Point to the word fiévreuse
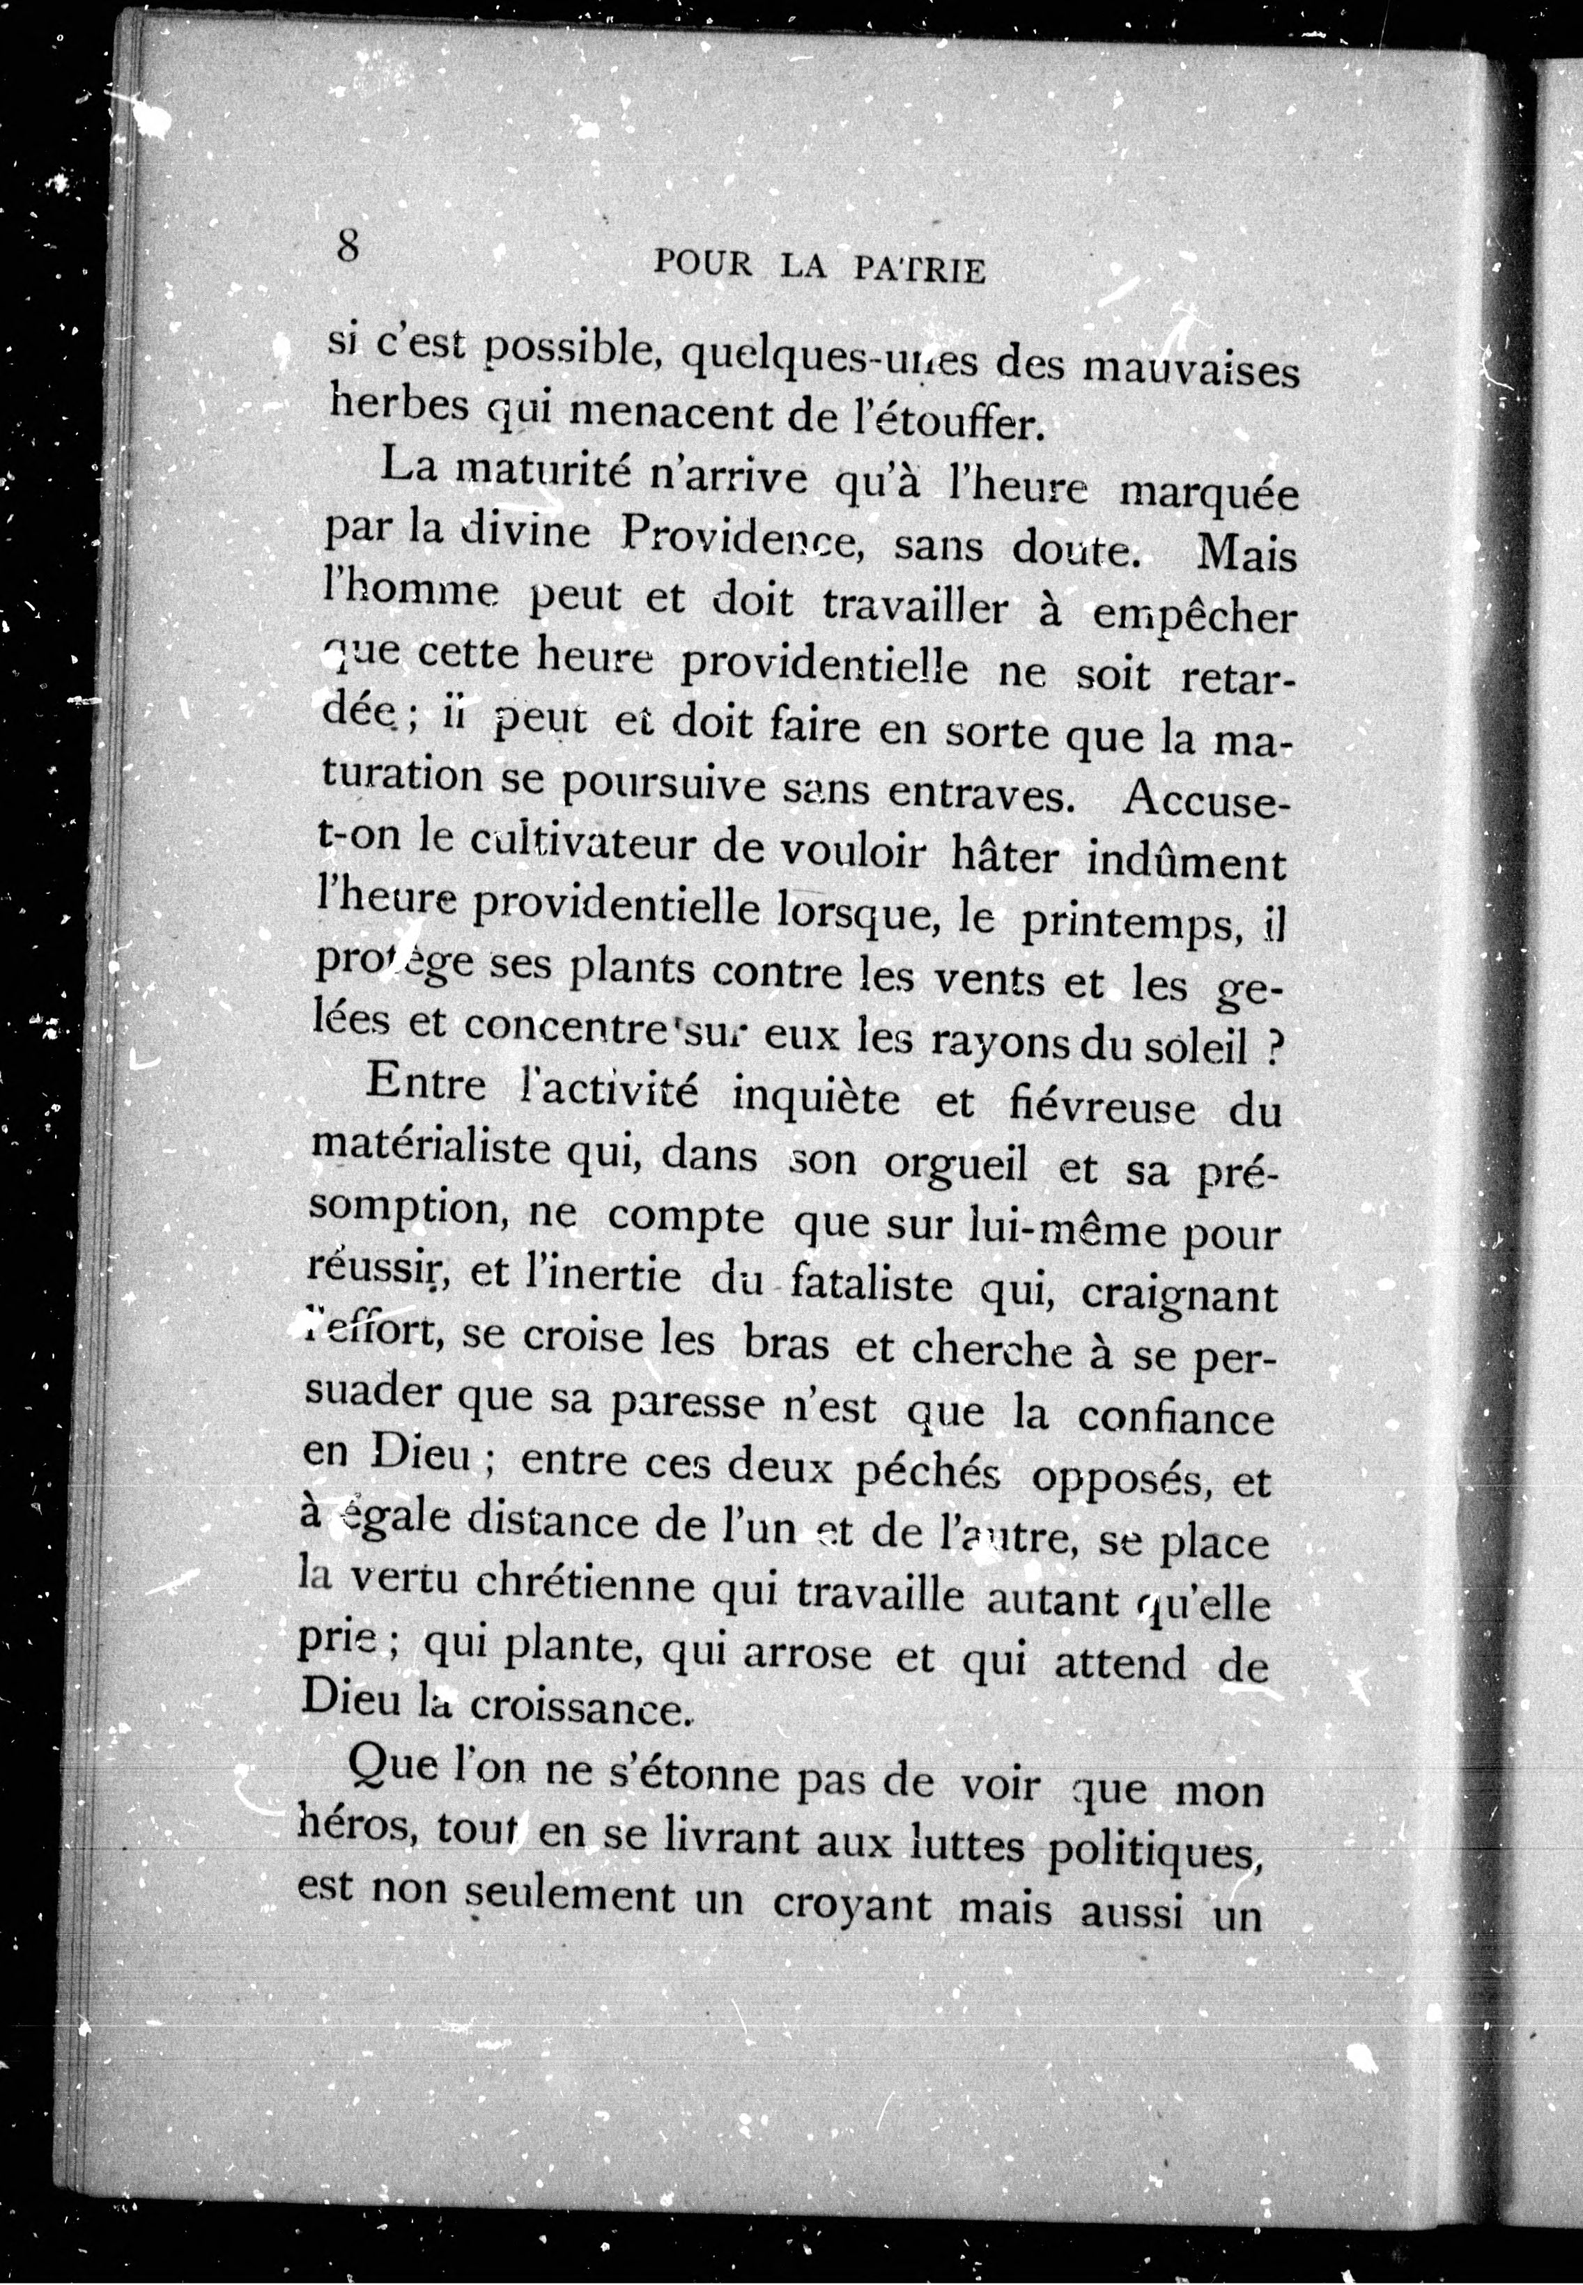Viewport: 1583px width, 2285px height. coord(1095,1105)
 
